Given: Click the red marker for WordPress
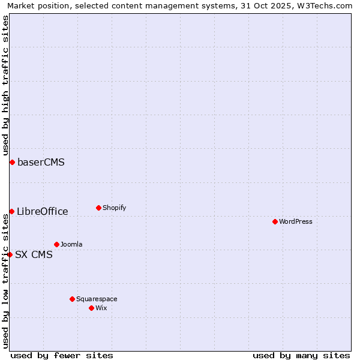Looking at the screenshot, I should [275, 221].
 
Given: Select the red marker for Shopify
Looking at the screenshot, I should [98, 208].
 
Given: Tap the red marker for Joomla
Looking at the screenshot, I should [56, 244].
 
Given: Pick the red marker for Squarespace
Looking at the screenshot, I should [72, 299].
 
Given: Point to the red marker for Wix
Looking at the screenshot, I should [91, 308].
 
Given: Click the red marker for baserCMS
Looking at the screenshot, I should [12, 162].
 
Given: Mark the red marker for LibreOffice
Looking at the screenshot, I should [11, 211].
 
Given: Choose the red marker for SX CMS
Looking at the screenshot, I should [10, 254].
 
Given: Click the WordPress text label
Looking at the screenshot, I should [296, 221].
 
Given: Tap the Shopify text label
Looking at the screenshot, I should [114, 208].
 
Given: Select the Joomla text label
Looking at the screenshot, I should [71, 244].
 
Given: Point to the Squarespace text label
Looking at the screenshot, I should [97, 299].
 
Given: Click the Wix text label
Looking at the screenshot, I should [101, 308].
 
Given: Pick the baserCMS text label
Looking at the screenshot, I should [41, 162].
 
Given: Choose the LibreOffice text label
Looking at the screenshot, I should [42, 211].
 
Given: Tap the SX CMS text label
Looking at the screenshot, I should [34, 254].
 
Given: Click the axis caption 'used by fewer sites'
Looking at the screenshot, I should [62, 355].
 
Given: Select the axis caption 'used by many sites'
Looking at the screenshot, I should [301, 355].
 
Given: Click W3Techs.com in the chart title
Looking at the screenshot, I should [328, 5].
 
